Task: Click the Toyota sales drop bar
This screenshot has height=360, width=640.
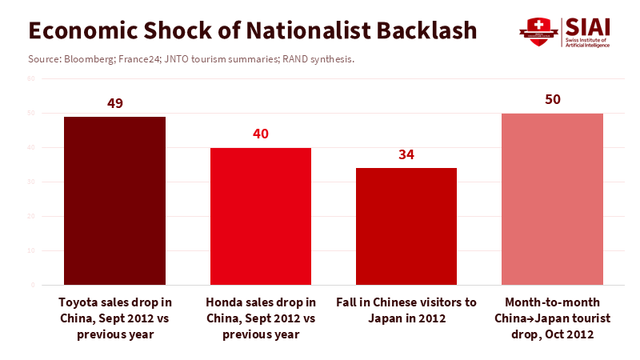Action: (x=114, y=200)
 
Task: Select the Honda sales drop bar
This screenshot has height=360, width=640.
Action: (x=261, y=216)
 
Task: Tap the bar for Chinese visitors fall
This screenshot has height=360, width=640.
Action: (x=406, y=226)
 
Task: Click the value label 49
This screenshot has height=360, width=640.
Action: (x=114, y=103)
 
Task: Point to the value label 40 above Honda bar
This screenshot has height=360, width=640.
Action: (x=261, y=134)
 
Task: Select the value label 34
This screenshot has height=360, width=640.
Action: (x=406, y=154)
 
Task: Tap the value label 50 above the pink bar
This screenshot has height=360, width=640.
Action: (x=552, y=100)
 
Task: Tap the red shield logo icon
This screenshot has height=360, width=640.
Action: (x=538, y=32)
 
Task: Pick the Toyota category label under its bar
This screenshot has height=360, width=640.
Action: (x=114, y=318)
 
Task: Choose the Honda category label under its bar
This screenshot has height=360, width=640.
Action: (x=261, y=318)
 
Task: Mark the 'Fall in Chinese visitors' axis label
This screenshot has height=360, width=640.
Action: (x=406, y=310)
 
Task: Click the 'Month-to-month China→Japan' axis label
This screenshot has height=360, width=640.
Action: (x=552, y=318)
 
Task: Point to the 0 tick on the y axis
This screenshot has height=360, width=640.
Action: (x=33, y=285)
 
